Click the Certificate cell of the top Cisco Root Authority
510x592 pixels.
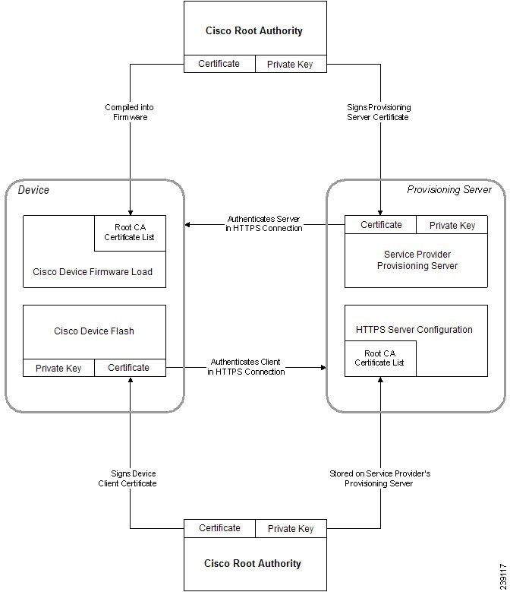pyautogui.click(x=219, y=64)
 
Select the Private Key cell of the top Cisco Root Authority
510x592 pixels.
pyautogui.click(x=290, y=65)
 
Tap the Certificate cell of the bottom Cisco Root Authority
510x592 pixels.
pyautogui.click(x=219, y=528)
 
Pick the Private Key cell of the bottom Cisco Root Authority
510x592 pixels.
pyautogui.click(x=290, y=529)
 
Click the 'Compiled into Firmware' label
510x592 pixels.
pyautogui.click(x=128, y=112)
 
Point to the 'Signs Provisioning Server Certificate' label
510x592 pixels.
pyautogui.click(x=378, y=112)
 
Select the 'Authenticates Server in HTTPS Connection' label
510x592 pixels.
pyautogui.click(x=264, y=223)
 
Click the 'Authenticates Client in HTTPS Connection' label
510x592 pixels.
pyautogui.click(x=247, y=367)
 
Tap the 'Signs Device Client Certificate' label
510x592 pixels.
pyautogui.click(x=127, y=478)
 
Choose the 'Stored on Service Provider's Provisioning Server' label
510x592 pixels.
pyautogui.click(x=379, y=478)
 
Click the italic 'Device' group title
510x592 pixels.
pyautogui.click(x=33, y=189)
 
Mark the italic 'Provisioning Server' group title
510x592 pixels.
pyautogui.click(x=449, y=189)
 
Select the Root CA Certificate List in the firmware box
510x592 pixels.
pyautogui.click(x=129, y=232)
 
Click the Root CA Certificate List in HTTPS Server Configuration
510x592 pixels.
pyautogui.click(x=379, y=358)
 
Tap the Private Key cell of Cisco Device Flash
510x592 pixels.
pyautogui.click(x=58, y=368)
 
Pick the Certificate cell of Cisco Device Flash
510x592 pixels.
pyautogui.click(x=129, y=368)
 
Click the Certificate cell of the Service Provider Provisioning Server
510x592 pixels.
pyautogui.click(x=381, y=225)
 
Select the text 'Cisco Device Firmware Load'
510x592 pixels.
pyautogui.click(x=93, y=271)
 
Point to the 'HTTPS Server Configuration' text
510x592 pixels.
pyautogui.click(x=414, y=330)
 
